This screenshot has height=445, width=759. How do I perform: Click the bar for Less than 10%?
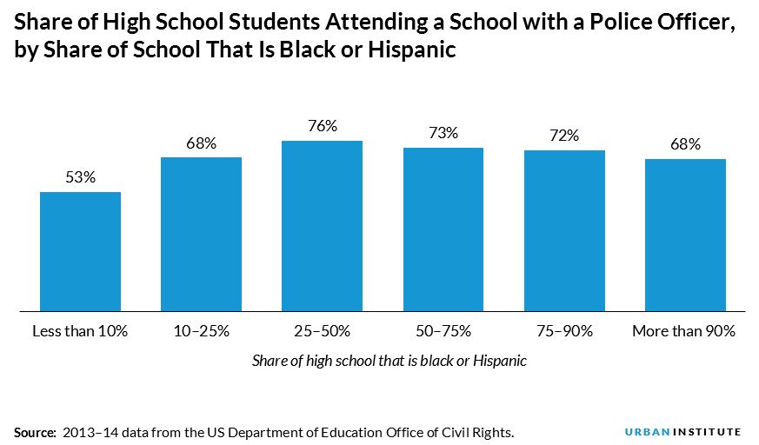[80, 250]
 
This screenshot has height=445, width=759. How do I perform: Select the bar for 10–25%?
[201, 233]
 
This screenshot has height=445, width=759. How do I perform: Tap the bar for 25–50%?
[322, 224]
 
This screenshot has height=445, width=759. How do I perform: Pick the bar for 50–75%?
[443, 228]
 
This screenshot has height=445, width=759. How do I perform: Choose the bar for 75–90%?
[564, 229]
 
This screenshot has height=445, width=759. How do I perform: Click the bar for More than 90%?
[685, 234]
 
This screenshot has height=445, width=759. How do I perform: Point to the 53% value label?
[80, 178]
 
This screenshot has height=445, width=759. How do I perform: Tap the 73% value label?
[443, 134]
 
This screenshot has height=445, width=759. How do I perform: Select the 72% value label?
[564, 136]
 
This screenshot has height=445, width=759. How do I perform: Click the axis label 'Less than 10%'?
[80, 331]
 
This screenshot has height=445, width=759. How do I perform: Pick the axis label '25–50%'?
[322, 331]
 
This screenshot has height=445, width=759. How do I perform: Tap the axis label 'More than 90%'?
[685, 331]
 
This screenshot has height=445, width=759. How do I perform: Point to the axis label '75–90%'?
[564, 331]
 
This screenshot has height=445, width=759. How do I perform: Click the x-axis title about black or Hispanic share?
[389, 361]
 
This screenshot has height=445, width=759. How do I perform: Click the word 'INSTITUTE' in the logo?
[707, 431]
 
